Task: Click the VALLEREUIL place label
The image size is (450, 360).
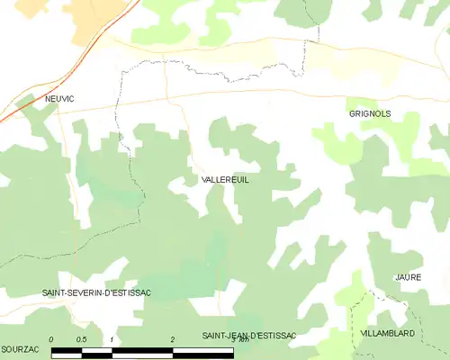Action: coord(225,180)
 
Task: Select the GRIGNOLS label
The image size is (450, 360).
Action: coord(369,114)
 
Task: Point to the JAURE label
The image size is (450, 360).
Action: coord(408,277)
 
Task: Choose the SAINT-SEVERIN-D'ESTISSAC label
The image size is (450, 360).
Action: coord(96,293)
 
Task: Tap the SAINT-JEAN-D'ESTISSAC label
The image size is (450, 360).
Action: coord(249,336)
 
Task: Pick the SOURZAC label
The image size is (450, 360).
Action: coord(18,347)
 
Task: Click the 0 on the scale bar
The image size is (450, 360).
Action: coord(51,339)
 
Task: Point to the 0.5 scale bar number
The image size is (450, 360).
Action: coord(81,339)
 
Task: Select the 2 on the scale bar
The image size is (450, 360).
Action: coord(172,339)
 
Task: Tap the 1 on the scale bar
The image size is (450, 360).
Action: coord(111,339)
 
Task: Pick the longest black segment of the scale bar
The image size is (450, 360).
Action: coord(202,351)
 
